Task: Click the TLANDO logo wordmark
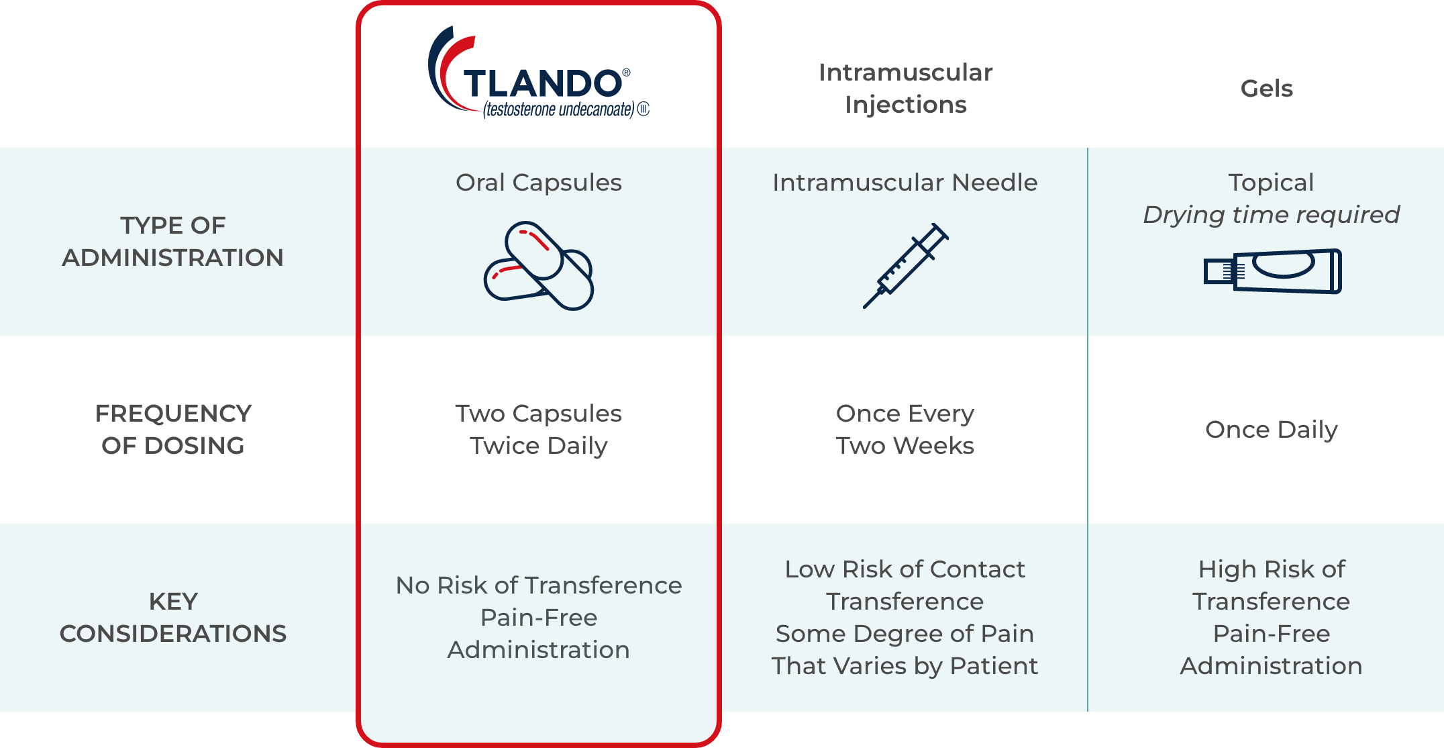pyautogui.click(x=542, y=83)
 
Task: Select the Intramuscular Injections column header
pyautogui.click(x=905, y=88)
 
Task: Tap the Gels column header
pyautogui.click(x=1266, y=88)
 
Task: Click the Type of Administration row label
pyautogui.click(x=173, y=241)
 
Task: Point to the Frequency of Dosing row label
pyautogui.click(x=173, y=429)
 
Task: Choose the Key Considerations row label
pyautogui.click(x=173, y=617)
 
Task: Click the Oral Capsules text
pyautogui.click(x=539, y=183)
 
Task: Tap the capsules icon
pyautogui.click(x=539, y=265)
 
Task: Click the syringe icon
pyautogui.click(x=905, y=266)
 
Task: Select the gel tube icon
pyautogui.click(x=1272, y=271)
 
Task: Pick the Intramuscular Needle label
pyautogui.click(x=905, y=183)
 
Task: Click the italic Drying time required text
pyautogui.click(x=1272, y=215)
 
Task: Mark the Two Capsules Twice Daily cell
pyautogui.click(x=539, y=429)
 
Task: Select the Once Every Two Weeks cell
pyautogui.click(x=905, y=429)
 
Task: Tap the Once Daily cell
pyautogui.click(x=1272, y=429)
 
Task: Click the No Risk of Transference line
pyautogui.click(x=539, y=585)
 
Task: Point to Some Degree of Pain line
pyautogui.click(x=905, y=633)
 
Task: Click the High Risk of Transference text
pyautogui.click(x=1272, y=585)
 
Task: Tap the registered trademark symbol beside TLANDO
pyautogui.click(x=626, y=72)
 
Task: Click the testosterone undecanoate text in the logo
pyautogui.click(x=559, y=109)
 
